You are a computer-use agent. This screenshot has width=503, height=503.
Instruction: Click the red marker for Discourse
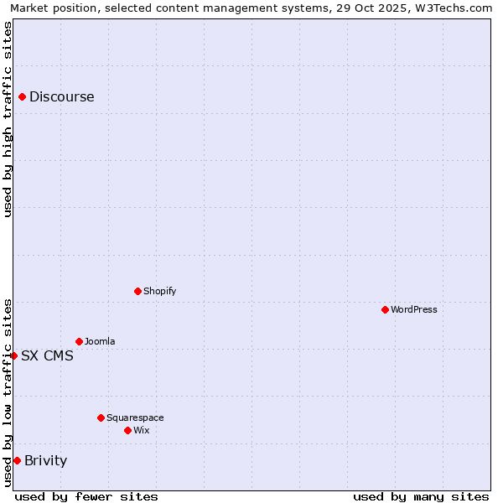[22, 97]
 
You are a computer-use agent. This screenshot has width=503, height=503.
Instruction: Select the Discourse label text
[61, 97]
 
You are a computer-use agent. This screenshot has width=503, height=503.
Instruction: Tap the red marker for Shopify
[137, 292]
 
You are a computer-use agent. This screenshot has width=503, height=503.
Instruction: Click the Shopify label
[159, 292]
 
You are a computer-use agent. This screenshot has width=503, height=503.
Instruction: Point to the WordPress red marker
[385, 310]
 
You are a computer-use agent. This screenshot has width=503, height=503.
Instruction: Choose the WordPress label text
[413, 310]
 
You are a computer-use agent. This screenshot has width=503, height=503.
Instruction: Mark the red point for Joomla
[79, 342]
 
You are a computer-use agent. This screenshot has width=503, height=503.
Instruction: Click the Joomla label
[100, 342]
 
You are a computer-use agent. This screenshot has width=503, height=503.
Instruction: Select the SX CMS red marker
[13, 356]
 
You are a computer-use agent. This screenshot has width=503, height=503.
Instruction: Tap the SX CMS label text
[47, 356]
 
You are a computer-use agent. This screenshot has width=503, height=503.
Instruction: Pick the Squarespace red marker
[101, 417]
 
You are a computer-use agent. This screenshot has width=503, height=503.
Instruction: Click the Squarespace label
[135, 417]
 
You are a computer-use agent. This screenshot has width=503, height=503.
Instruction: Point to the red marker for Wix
[127, 431]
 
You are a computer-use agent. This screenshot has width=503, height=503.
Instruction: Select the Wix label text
[141, 431]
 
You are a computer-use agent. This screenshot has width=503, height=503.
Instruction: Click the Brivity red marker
[17, 461]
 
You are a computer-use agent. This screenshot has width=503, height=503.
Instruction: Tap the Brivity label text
[45, 461]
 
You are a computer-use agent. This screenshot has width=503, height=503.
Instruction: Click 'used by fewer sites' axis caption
[86, 496]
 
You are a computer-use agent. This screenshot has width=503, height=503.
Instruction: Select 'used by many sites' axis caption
[421, 496]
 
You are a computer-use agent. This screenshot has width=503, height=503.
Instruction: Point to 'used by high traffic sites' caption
[8, 119]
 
